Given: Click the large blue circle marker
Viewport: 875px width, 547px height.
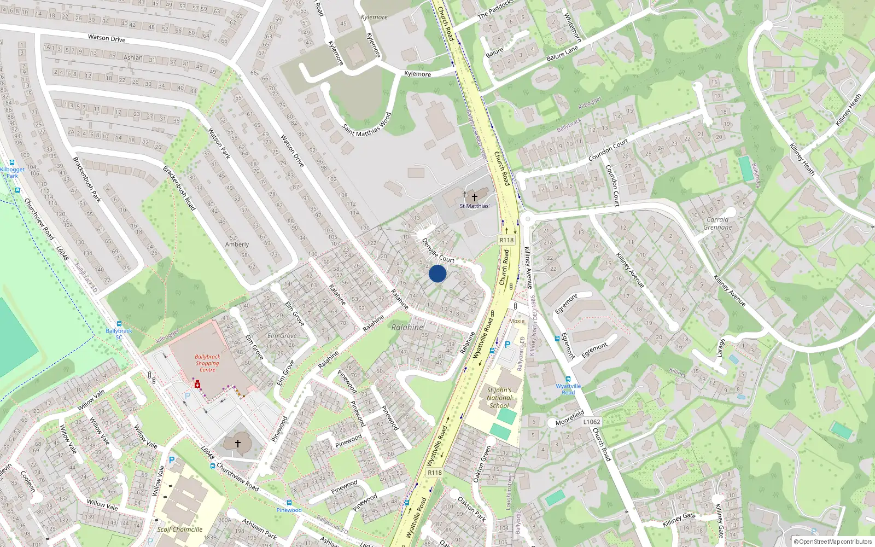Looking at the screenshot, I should [x=437, y=273].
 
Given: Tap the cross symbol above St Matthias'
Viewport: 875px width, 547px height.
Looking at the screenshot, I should [x=474, y=197].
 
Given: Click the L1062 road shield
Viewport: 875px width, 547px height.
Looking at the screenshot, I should [x=591, y=422].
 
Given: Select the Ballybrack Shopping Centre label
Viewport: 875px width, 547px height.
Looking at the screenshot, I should [x=207, y=363].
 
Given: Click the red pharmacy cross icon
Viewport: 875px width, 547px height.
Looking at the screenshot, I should [x=197, y=385].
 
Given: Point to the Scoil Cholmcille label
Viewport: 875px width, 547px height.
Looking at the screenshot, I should [x=179, y=529].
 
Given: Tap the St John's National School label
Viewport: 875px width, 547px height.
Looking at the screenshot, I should [x=499, y=398].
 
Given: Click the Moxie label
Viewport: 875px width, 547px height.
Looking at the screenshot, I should [x=516, y=321].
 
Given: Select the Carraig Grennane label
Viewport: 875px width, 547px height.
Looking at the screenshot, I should [x=717, y=223].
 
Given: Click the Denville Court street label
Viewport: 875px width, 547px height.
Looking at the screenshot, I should [x=439, y=250].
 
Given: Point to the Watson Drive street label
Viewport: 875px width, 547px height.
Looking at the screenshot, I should [x=107, y=38].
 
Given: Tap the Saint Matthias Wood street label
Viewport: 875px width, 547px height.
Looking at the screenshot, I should [x=367, y=125].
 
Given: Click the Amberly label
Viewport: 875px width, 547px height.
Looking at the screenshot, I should [x=237, y=245].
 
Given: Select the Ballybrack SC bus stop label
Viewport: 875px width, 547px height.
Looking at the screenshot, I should [x=119, y=334].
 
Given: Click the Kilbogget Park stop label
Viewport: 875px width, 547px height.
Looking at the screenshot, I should [x=12, y=173].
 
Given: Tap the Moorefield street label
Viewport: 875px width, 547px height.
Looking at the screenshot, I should [x=569, y=418].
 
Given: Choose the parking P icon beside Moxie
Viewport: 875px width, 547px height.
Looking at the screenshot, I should [x=507, y=345].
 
